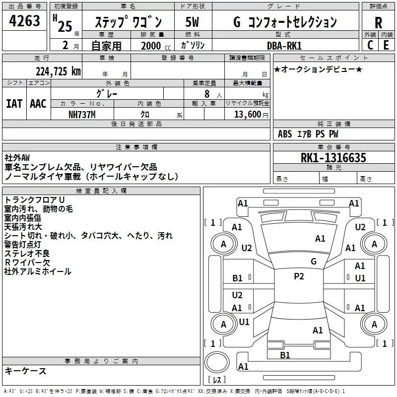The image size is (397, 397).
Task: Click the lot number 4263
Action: [x=25, y=21]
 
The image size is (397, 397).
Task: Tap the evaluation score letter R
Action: [x=378, y=22]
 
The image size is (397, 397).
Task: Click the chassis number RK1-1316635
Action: [x=333, y=158]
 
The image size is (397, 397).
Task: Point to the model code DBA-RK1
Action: [x=284, y=45]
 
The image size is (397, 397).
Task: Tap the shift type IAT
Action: [x=14, y=104]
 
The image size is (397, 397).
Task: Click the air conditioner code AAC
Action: [x=38, y=104]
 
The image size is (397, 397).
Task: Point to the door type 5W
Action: [x=193, y=22]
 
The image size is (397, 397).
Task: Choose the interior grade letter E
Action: [x=386, y=45]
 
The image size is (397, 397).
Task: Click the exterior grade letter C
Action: [x=370, y=45]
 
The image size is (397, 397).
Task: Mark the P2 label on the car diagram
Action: [x=299, y=276]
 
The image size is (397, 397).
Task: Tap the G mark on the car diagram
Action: [x=313, y=262]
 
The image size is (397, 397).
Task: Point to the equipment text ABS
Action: [x=285, y=134]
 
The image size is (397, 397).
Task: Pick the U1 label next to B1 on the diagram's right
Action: [x=360, y=278]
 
